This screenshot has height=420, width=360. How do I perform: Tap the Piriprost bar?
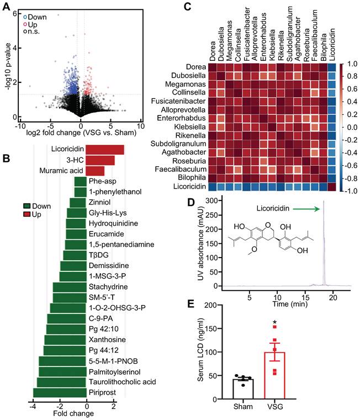click(52, 392)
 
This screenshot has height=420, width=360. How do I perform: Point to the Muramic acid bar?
click(95, 170)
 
